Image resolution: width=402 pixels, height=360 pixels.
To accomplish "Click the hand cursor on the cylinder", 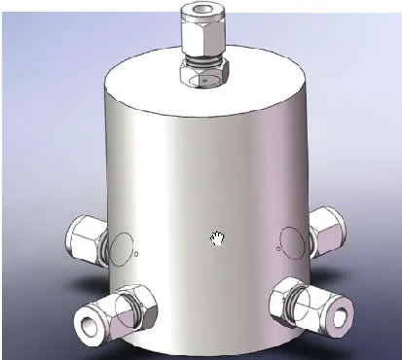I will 219,239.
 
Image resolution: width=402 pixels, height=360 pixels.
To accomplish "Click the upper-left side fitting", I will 85,240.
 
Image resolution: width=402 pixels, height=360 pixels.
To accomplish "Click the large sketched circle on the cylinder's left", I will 120,248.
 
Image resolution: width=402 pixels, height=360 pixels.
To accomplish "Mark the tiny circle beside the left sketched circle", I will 136,255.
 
